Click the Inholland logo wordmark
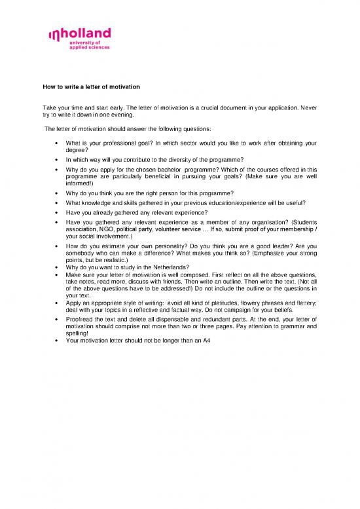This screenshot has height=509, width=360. click(79, 34)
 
